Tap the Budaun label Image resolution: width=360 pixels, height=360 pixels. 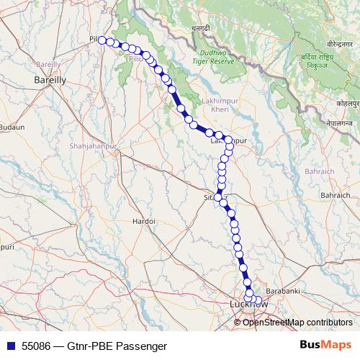point(12,127)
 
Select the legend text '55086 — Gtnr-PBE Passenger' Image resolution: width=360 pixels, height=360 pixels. point(89,346)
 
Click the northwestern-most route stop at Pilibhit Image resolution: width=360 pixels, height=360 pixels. point(102,40)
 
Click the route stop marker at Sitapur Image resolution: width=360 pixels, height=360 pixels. point(219,197)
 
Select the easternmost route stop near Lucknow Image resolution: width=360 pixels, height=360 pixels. point(259,299)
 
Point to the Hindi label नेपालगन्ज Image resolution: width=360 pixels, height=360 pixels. point(340,123)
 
